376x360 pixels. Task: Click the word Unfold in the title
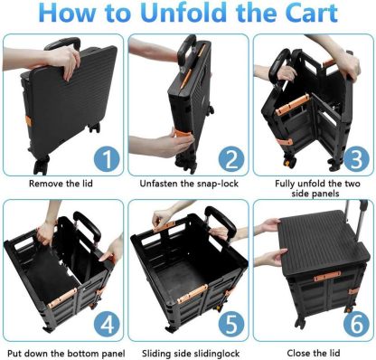coord(185,13)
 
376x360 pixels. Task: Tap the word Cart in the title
coord(312,13)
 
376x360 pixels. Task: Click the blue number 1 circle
coord(107,159)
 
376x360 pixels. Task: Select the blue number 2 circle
coord(231,159)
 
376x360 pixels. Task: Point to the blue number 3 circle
coord(356,159)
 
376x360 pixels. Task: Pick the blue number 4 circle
coord(107,325)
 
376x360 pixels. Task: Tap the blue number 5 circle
coord(231,325)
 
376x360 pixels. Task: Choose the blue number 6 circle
coord(356,325)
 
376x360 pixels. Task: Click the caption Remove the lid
coord(61,184)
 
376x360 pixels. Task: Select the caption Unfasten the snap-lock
coord(189,184)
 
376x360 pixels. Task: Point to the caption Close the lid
coord(314,353)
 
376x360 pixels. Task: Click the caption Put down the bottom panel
coord(66,353)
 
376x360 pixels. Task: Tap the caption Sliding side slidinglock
coord(191,353)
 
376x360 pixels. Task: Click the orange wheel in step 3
coord(287,165)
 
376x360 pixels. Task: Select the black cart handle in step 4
coord(87,227)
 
